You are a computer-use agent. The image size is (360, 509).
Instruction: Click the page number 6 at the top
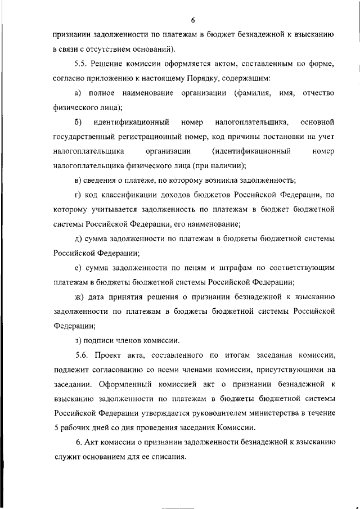192,21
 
